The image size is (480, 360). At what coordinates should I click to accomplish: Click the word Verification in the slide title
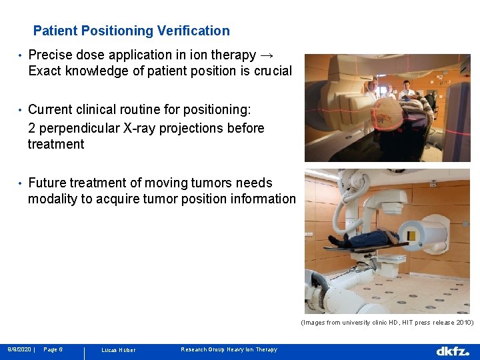[x=193, y=31]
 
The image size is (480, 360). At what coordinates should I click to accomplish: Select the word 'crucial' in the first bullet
[x=269, y=71]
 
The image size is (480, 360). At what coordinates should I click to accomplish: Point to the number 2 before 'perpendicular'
[x=32, y=128]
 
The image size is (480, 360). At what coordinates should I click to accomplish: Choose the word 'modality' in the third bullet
[x=53, y=199]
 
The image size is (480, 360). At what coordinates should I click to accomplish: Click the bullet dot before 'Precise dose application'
[x=21, y=55]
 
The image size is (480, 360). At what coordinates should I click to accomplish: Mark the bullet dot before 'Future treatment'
[x=21, y=183]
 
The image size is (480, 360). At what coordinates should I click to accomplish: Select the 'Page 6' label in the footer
[x=53, y=349]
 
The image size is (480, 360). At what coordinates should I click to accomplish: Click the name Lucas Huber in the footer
[x=118, y=350]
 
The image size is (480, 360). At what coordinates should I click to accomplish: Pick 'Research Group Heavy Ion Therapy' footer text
[x=229, y=349]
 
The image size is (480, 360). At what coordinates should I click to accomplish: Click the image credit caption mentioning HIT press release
[x=387, y=322]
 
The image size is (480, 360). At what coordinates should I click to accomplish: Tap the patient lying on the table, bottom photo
[x=363, y=239]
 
